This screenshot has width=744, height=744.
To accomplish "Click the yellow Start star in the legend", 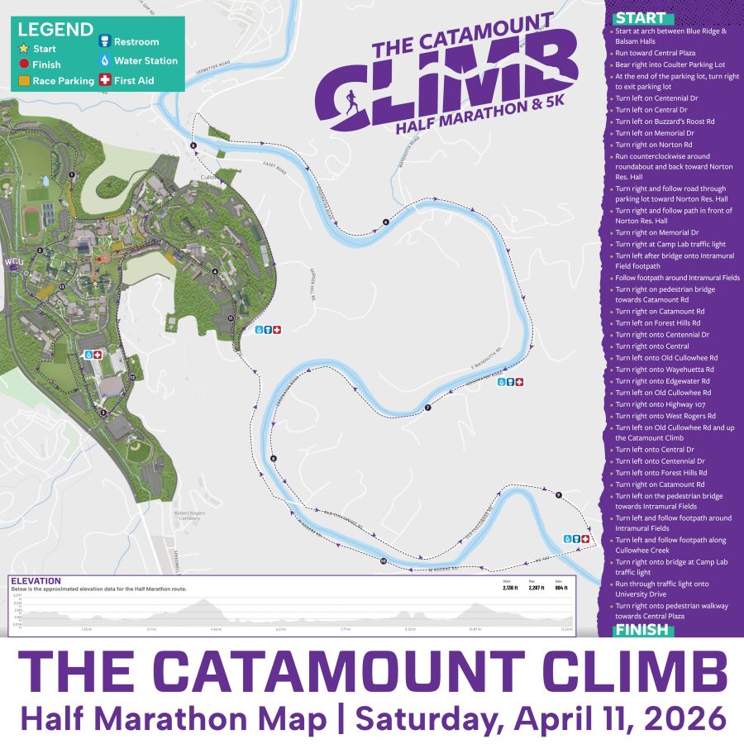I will [24, 50].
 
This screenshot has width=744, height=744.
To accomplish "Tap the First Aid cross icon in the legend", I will [104, 81].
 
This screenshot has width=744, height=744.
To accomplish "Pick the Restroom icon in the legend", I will [104, 41].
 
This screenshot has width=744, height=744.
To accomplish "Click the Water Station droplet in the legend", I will [104, 60].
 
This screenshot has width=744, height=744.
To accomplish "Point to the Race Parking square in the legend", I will [24, 81].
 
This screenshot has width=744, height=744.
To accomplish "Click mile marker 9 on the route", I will [559, 495].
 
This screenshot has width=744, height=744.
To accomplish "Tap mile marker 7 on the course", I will [427, 408].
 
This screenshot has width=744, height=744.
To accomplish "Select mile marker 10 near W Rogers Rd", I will [384, 561].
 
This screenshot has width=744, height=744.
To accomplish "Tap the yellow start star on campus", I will [95, 284].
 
